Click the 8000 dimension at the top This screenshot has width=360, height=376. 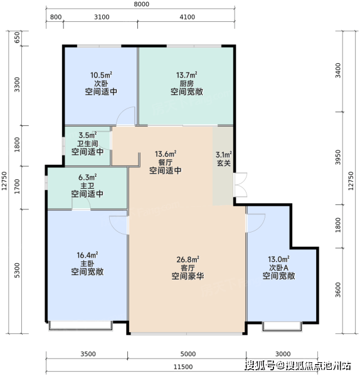point(141,4)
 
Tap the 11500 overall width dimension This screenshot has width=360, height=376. point(183,367)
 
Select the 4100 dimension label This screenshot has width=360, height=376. point(187,17)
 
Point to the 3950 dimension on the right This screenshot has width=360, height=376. point(338,157)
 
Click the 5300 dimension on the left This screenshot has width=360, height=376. point(17,271)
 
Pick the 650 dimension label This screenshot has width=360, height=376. point(18,38)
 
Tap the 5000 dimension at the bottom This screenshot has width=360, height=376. point(188,354)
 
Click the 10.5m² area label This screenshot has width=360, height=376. point(101,75)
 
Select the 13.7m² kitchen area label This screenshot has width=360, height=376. point(187,75)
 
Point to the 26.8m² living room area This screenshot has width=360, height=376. point(188,259)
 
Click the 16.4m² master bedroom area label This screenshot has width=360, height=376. point(87,255)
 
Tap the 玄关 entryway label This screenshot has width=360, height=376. point(224,163)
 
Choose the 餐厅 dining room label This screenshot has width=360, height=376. point(166,162)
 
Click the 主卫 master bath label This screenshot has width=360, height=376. point(87,185)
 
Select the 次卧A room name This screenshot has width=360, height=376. point(278,268)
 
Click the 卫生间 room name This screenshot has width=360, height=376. point(88,144)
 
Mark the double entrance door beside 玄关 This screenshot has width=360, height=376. point(240,185)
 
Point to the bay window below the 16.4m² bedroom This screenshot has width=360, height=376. point(81,326)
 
